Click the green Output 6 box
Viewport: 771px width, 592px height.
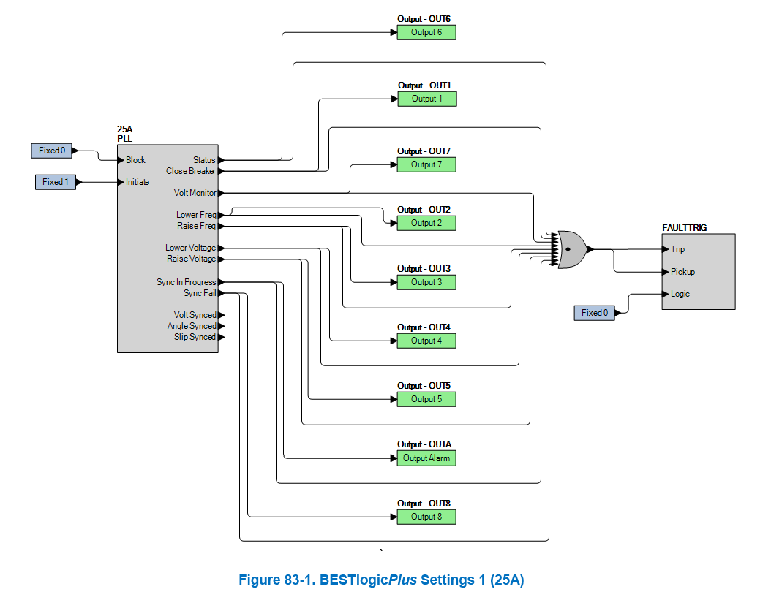point(426,32)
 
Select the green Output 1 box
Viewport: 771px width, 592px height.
point(427,99)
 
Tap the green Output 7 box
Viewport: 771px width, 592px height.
point(426,164)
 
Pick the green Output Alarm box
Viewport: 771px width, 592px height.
point(426,458)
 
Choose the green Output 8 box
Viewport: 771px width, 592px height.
point(426,517)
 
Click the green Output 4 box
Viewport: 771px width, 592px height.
point(426,341)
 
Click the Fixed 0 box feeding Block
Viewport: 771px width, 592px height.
point(53,151)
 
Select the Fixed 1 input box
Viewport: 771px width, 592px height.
point(56,182)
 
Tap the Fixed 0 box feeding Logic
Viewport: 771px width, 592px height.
point(595,313)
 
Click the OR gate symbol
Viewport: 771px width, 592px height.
point(571,249)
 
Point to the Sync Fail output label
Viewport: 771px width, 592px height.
point(200,293)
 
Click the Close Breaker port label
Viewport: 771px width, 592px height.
point(191,171)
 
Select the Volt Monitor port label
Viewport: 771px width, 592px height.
point(195,193)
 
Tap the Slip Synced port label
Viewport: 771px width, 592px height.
point(195,337)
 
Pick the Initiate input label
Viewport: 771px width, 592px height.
point(138,182)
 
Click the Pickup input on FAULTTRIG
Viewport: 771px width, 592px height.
point(682,272)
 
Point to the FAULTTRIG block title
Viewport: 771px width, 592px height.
point(684,228)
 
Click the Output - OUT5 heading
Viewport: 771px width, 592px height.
point(424,386)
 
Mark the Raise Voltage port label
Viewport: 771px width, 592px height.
point(191,259)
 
